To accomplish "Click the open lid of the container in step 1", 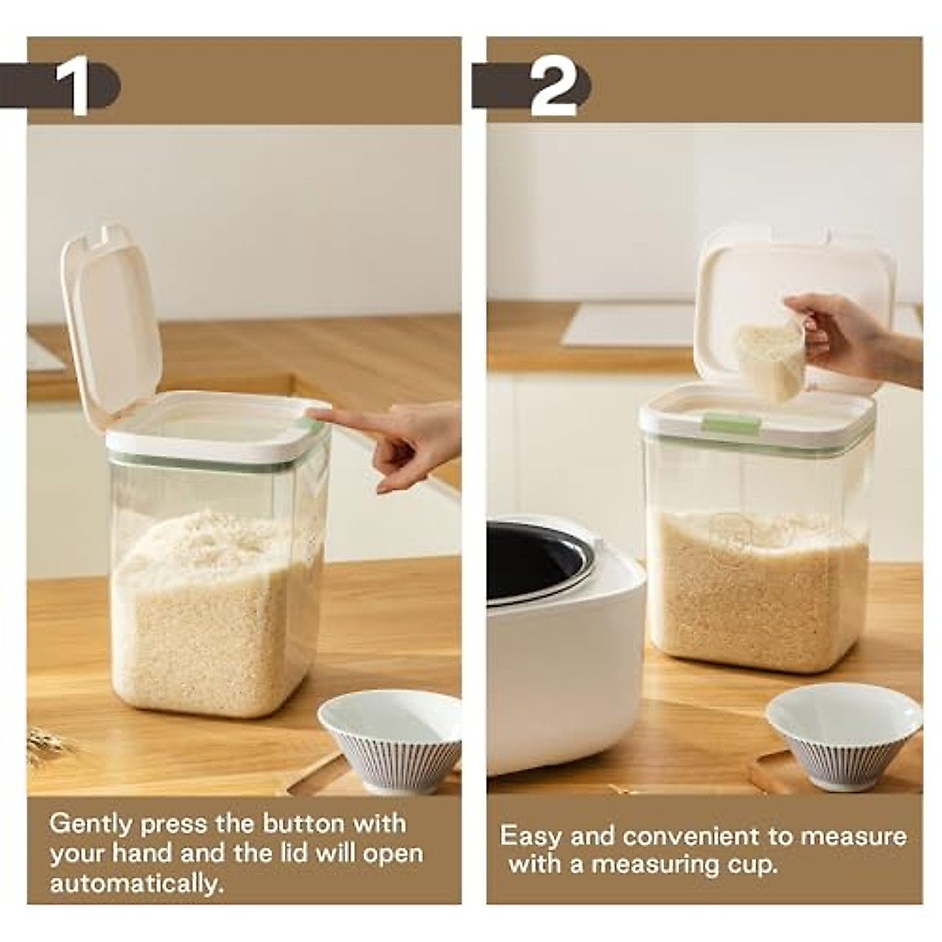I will [x=111, y=322].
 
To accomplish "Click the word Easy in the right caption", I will [x=530, y=836].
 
